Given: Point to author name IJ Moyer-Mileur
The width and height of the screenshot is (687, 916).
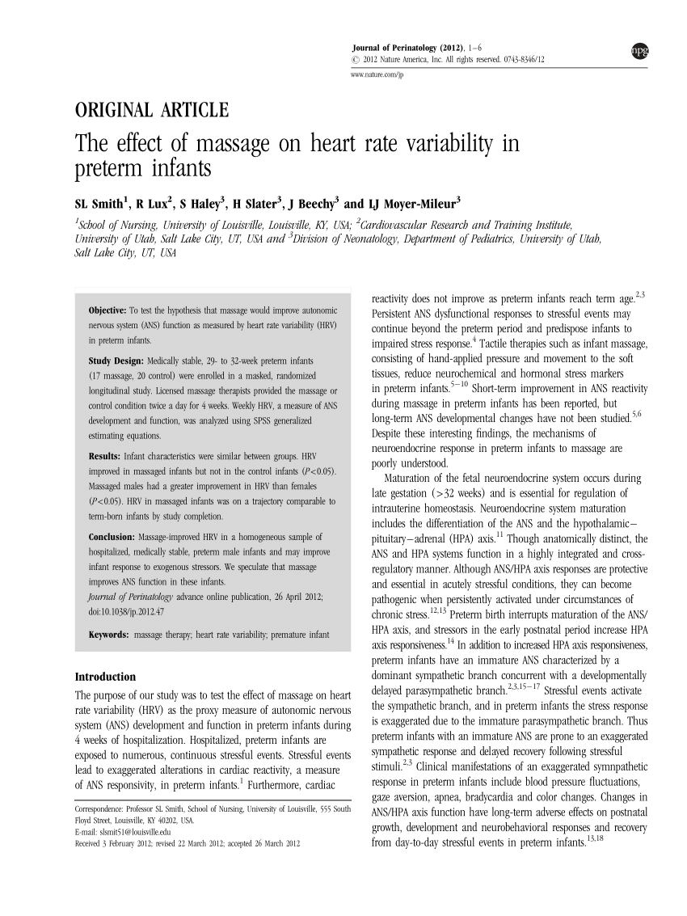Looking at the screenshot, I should point(412,202).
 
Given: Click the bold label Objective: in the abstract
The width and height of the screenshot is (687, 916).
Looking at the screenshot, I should point(107,310).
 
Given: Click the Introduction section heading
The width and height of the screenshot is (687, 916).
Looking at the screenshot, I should point(105,677).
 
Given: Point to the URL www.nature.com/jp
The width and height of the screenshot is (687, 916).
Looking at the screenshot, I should point(377,74).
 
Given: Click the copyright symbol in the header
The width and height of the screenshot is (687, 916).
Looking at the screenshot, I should point(355,61).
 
